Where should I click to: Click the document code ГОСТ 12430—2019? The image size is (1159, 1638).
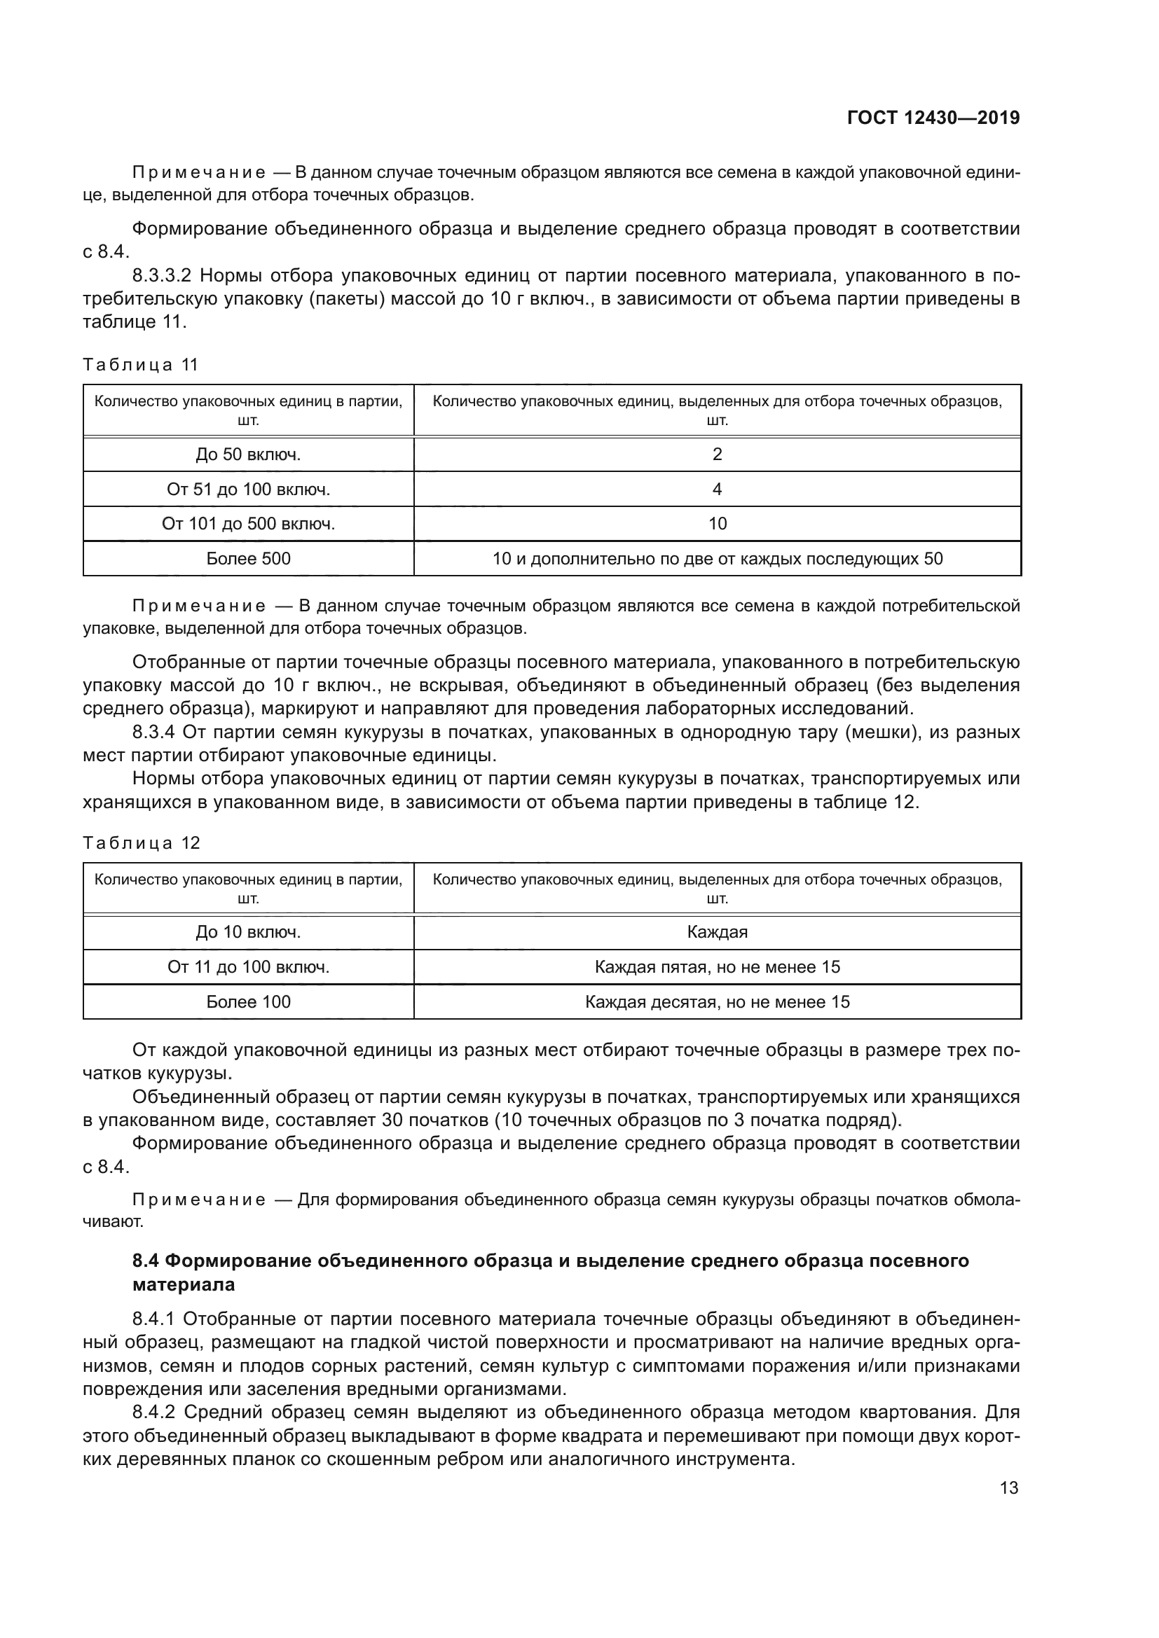(933, 118)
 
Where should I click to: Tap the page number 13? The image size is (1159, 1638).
(1009, 1487)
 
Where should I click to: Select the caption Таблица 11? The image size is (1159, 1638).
(141, 365)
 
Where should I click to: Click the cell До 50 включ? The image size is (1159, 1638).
(248, 454)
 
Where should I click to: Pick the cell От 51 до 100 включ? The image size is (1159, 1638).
(248, 490)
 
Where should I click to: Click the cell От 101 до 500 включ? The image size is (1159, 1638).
(248, 524)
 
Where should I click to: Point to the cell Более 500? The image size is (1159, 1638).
(248, 559)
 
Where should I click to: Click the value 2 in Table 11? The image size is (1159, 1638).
(718, 454)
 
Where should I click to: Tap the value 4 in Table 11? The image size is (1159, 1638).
(718, 490)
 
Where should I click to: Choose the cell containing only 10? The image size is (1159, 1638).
(718, 524)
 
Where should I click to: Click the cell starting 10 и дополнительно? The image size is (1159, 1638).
(718, 559)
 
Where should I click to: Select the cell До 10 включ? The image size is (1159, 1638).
(248, 932)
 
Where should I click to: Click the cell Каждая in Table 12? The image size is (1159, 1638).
(718, 932)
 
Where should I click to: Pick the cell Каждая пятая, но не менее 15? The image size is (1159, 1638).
(718, 967)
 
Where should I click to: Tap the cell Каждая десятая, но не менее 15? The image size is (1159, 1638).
(718, 1001)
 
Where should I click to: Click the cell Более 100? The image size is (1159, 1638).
(248, 1001)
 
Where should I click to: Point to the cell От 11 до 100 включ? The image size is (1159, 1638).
(248, 967)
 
